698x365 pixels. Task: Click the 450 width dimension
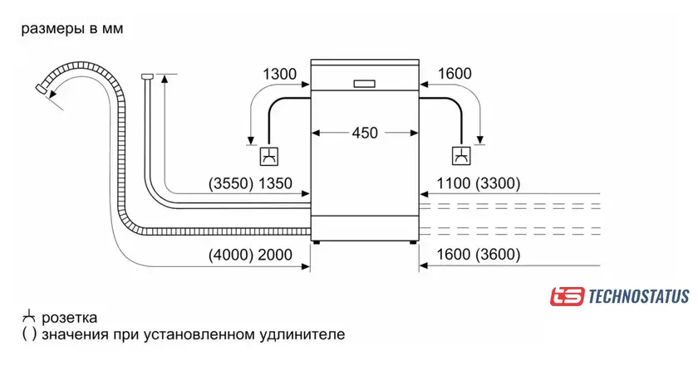coord(365,133)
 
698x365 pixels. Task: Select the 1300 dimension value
coord(279,74)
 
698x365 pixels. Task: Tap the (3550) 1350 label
coord(250,183)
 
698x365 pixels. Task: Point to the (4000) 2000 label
coord(250,255)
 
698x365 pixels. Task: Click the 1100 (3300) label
coord(478,183)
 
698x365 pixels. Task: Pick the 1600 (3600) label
coord(478,255)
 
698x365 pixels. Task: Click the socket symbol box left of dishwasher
coord(269,156)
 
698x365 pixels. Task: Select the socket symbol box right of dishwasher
coord(462,156)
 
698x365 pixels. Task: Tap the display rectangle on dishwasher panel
coord(365,84)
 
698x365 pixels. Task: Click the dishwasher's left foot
coord(316,243)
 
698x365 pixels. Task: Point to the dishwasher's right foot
coord(414,243)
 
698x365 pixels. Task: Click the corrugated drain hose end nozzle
coord(42,89)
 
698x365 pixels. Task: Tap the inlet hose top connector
coord(147,76)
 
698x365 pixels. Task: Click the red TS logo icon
coord(567,296)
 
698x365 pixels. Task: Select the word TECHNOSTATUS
coord(639,296)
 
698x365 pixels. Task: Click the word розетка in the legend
coord(70,318)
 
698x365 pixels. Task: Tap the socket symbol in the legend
coord(28,316)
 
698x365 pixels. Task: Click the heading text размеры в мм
coord(72,29)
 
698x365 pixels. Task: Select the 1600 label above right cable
coord(455,74)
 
